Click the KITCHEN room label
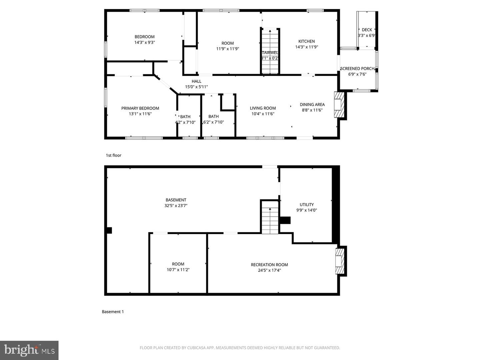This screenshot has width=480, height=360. pyautogui.click(x=306, y=41)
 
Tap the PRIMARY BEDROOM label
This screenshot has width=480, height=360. pyautogui.click(x=140, y=108)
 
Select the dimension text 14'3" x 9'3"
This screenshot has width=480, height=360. pyautogui.click(x=145, y=43)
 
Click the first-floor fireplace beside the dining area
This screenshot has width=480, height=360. pyautogui.click(x=339, y=105)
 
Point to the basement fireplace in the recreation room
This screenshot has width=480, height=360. pyautogui.click(x=340, y=261)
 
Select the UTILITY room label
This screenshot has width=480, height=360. pyautogui.click(x=307, y=205)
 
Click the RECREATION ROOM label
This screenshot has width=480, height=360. pyautogui.click(x=269, y=265)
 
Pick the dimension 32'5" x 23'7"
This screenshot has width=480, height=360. pyautogui.click(x=176, y=206)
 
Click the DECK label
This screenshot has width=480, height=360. pyautogui.click(x=367, y=30)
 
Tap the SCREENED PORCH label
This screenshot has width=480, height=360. pyautogui.click(x=357, y=69)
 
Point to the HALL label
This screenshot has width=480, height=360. pyautogui.click(x=196, y=81)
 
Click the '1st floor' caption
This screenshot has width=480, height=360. pyautogui.click(x=113, y=155)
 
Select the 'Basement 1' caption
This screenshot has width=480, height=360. pyautogui.click(x=113, y=312)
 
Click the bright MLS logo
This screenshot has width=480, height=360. pyautogui.click(x=29, y=350)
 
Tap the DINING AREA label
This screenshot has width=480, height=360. pyautogui.click(x=312, y=105)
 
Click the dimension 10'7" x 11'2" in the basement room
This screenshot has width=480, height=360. pyautogui.click(x=178, y=270)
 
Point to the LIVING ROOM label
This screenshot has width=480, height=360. pyautogui.click(x=263, y=108)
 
